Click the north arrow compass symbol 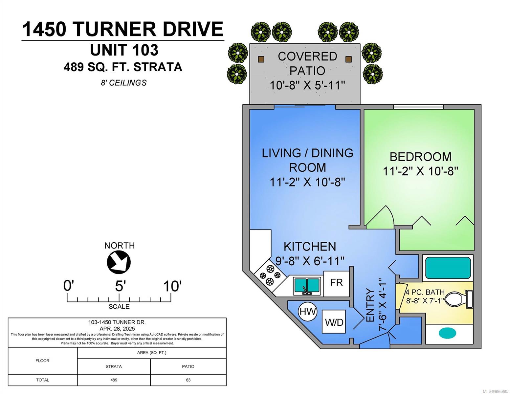(119, 262)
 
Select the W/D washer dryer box (334, 321)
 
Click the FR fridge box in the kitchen (336, 284)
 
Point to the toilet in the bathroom (458, 299)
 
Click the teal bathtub (448, 268)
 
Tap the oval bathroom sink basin (447, 333)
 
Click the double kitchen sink (307, 286)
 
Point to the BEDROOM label (420, 157)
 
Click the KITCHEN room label (310, 247)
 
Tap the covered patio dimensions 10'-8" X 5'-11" (307, 85)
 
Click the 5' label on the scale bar (121, 286)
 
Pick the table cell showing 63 (188, 380)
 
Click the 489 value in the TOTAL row (114, 380)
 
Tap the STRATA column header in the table (114, 366)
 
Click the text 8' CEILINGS (124, 83)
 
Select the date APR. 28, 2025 (117, 329)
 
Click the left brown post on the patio (261, 59)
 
